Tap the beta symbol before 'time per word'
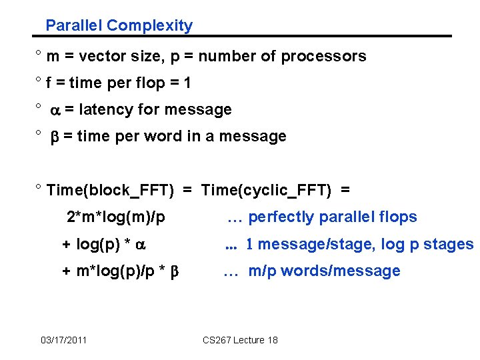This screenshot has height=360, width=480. click(56, 137)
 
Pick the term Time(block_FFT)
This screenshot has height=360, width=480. click(111, 191)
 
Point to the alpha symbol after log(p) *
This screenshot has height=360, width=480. click(139, 245)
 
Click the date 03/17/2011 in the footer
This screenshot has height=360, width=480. click(63, 340)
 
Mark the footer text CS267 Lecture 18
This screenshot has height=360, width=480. click(240, 340)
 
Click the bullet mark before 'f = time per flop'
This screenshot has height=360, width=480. click(39, 81)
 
